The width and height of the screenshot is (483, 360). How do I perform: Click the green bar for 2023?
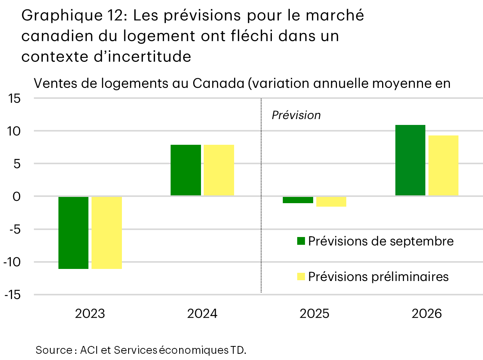[x=73, y=232]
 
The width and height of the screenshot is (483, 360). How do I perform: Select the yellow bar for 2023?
[x=107, y=232]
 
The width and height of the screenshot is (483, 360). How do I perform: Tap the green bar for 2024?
[x=186, y=170]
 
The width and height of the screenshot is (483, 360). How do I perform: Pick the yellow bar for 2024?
[x=219, y=170]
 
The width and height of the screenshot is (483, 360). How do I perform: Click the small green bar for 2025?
[x=298, y=200]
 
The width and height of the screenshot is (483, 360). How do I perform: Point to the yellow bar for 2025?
[x=331, y=201]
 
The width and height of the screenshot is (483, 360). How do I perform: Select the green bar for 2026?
[x=410, y=160]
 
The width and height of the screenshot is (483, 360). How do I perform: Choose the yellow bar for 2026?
[x=443, y=165]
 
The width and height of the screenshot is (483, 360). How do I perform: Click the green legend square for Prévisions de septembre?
[x=301, y=241]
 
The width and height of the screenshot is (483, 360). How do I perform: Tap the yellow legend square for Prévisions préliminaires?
[x=301, y=277]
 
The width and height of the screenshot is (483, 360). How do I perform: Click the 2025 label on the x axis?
[x=314, y=314]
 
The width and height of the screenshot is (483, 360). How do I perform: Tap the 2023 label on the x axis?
[x=90, y=314]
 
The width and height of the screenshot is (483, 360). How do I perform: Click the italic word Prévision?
[x=296, y=115]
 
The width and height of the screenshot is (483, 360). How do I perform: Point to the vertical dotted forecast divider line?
[x=261, y=234]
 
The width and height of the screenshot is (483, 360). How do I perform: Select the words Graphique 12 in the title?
[x=70, y=16]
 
